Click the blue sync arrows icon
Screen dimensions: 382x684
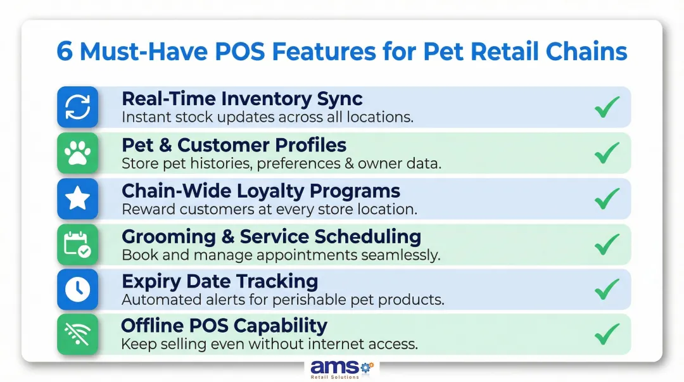click(77, 107)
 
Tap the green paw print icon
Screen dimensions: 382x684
click(77, 153)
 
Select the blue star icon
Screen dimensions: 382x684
click(77, 198)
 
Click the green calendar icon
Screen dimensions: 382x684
click(77, 244)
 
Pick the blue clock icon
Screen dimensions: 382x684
click(77, 290)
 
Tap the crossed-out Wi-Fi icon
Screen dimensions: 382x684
click(77, 334)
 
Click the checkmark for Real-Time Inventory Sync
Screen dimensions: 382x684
click(606, 107)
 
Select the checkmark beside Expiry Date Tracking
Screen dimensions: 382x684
click(606, 289)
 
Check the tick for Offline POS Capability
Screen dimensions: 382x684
click(606, 334)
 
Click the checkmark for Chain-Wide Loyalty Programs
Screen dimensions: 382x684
click(606, 198)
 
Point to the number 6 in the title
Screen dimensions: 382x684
click(64, 52)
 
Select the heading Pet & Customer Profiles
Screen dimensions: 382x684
click(234, 144)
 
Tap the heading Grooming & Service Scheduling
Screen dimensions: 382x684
click(271, 236)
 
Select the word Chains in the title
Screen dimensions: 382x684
click(586, 52)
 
